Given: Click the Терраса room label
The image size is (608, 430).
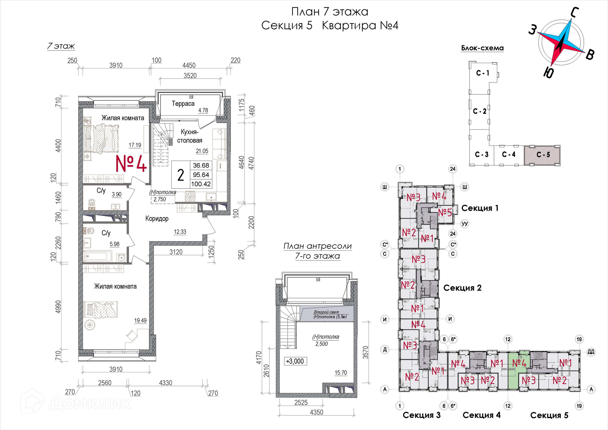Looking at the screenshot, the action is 183,104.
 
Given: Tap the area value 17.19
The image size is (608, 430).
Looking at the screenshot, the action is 135,145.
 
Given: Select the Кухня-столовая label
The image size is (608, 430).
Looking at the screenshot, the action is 190,136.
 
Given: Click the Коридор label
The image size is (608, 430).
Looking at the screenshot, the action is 157,219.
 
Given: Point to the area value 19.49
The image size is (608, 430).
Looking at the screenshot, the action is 140,320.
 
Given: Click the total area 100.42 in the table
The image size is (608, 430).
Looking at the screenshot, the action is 201,184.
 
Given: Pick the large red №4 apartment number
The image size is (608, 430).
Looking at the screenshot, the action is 131,164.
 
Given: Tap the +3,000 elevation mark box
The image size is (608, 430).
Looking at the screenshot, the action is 295,361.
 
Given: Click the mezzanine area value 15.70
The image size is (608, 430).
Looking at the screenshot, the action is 341,373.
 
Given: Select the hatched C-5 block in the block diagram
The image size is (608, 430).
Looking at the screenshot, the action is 542,155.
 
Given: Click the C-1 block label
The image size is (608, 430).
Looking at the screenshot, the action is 483,73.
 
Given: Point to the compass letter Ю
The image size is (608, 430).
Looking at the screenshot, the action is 548,73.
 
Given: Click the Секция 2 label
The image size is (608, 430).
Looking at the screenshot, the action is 462,288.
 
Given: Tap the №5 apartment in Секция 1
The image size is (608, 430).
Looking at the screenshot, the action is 445,212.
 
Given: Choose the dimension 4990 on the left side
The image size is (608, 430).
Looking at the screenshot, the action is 58,307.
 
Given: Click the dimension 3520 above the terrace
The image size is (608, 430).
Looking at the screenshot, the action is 190,76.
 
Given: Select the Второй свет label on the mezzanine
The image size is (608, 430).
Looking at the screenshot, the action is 326,312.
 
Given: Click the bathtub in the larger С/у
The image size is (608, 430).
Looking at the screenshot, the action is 98,256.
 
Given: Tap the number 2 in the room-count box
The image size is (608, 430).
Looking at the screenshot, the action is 180,175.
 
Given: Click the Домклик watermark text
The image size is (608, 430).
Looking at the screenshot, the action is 90,403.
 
